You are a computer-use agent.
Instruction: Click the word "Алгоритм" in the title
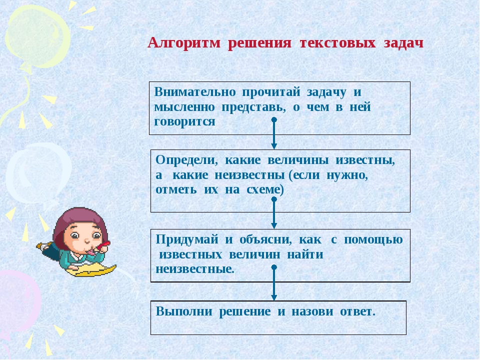[184, 43]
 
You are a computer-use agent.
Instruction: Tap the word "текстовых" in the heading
[337, 42]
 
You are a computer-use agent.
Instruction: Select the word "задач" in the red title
[403, 43]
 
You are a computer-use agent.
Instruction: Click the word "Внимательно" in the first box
[195, 92]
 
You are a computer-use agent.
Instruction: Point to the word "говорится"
[184, 122]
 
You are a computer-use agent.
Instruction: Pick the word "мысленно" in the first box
[184, 107]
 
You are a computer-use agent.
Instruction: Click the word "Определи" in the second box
[186, 160]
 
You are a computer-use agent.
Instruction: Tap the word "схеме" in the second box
[263, 189]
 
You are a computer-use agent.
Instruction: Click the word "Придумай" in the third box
[187, 239]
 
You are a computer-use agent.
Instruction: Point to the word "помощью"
[373, 239]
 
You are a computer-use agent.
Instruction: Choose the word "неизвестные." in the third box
[195, 269]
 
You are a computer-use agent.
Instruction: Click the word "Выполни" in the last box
[184, 311]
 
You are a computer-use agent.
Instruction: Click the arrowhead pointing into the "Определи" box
[274, 146]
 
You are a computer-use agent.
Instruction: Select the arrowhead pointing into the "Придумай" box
[274, 225]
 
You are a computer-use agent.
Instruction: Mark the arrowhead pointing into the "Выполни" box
[274, 297]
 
